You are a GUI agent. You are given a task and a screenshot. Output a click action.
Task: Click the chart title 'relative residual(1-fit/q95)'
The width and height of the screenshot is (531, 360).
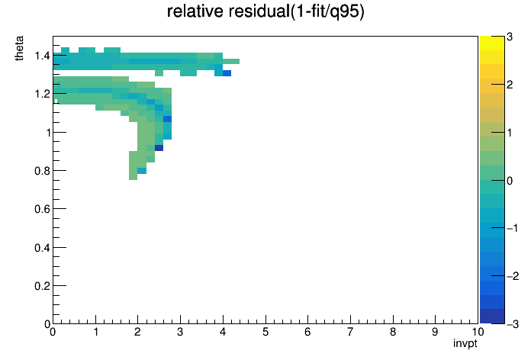click(x=265, y=11)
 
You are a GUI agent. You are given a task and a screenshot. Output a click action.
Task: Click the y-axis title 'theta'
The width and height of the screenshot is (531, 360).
click(x=19, y=48)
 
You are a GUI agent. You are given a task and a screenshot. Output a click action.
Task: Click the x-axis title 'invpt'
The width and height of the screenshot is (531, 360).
click(x=465, y=343)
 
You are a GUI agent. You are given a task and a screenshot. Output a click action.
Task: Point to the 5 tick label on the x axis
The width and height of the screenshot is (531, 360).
click(x=265, y=332)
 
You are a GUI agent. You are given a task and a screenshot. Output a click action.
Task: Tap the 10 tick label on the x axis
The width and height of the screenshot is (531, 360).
click(x=477, y=332)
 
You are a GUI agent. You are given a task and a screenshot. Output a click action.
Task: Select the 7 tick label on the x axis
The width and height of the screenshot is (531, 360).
click(x=350, y=332)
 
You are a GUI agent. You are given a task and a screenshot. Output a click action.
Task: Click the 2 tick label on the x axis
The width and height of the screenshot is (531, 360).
click(x=137, y=332)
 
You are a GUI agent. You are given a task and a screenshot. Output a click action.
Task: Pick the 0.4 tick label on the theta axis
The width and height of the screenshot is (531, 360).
click(x=42, y=248)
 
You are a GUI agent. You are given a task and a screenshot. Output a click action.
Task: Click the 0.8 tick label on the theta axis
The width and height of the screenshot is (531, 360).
click(x=42, y=171)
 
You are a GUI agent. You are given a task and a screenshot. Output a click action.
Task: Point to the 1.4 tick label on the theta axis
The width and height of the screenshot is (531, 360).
click(x=42, y=56)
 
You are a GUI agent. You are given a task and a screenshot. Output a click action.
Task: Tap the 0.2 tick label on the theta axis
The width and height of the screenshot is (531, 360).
click(x=42, y=286)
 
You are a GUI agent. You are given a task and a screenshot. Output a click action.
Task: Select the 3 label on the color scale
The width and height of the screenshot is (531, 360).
click(x=510, y=37)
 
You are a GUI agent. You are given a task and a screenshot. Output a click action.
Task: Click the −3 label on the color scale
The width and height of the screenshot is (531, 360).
click(x=513, y=324)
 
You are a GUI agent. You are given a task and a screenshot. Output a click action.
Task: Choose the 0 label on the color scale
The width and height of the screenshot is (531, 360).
click(x=510, y=181)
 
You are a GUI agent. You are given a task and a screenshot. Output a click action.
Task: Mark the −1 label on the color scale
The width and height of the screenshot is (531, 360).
click(x=513, y=228)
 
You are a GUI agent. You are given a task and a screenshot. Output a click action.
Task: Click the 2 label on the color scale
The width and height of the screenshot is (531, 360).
click(x=510, y=85)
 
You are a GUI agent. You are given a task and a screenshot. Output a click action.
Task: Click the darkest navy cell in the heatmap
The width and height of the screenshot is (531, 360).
click(x=159, y=148)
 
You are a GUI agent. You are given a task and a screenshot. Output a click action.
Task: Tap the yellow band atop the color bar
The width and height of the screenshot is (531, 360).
click(x=492, y=43)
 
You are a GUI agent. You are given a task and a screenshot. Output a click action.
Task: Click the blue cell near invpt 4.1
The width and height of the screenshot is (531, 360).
click(x=227, y=72)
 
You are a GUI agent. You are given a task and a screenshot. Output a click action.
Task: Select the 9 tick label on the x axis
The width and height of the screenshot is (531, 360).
click(x=435, y=332)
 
